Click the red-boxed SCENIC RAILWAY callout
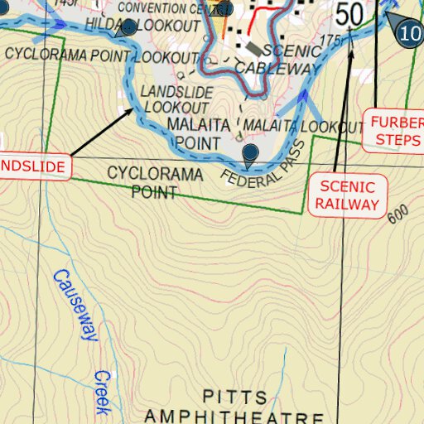click(x=349, y=196)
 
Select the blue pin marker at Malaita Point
click(x=250, y=152)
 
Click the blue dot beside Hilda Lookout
click(x=129, y=28)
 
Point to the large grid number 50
click(x=349, y=14)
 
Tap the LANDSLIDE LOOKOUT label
click(x=176, y=99)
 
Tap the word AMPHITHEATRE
click(x=234, y=415)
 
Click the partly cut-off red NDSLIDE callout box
click(x=33, y=166)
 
